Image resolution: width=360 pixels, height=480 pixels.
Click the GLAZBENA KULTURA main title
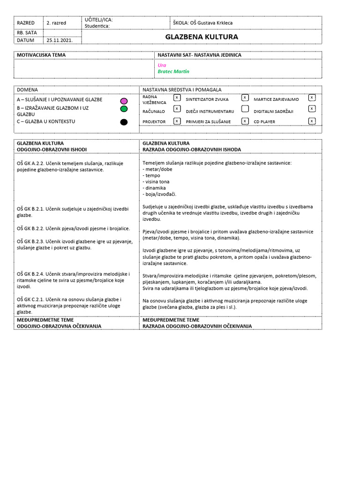tap(202, 37)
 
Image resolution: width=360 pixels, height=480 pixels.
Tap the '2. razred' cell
tap(56, 22)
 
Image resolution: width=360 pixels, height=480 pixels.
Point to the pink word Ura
tap(162, 65)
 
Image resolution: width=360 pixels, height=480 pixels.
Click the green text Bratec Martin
tap(173, 71)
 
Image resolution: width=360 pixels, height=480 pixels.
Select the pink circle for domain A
tap(124, 101)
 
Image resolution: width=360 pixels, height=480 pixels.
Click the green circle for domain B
tap(124, 109)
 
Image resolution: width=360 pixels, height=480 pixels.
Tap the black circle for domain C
tap(124, 122)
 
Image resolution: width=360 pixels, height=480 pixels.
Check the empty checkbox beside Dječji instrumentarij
tap(245, 109)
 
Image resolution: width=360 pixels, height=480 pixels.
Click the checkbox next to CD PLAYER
tap(312, 121)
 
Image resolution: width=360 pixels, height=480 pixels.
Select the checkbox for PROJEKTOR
tap(177, 121)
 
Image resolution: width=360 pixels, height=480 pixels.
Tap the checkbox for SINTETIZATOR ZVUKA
tap(245, 97)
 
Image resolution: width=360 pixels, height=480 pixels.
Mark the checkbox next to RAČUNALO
tap(177, 109)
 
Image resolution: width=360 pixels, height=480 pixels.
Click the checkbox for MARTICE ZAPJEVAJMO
tap(312, 97)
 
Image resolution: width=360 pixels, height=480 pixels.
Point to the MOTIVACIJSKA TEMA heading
tap(41, 55)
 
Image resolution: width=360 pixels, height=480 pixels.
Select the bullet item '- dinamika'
tap(154, 187)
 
